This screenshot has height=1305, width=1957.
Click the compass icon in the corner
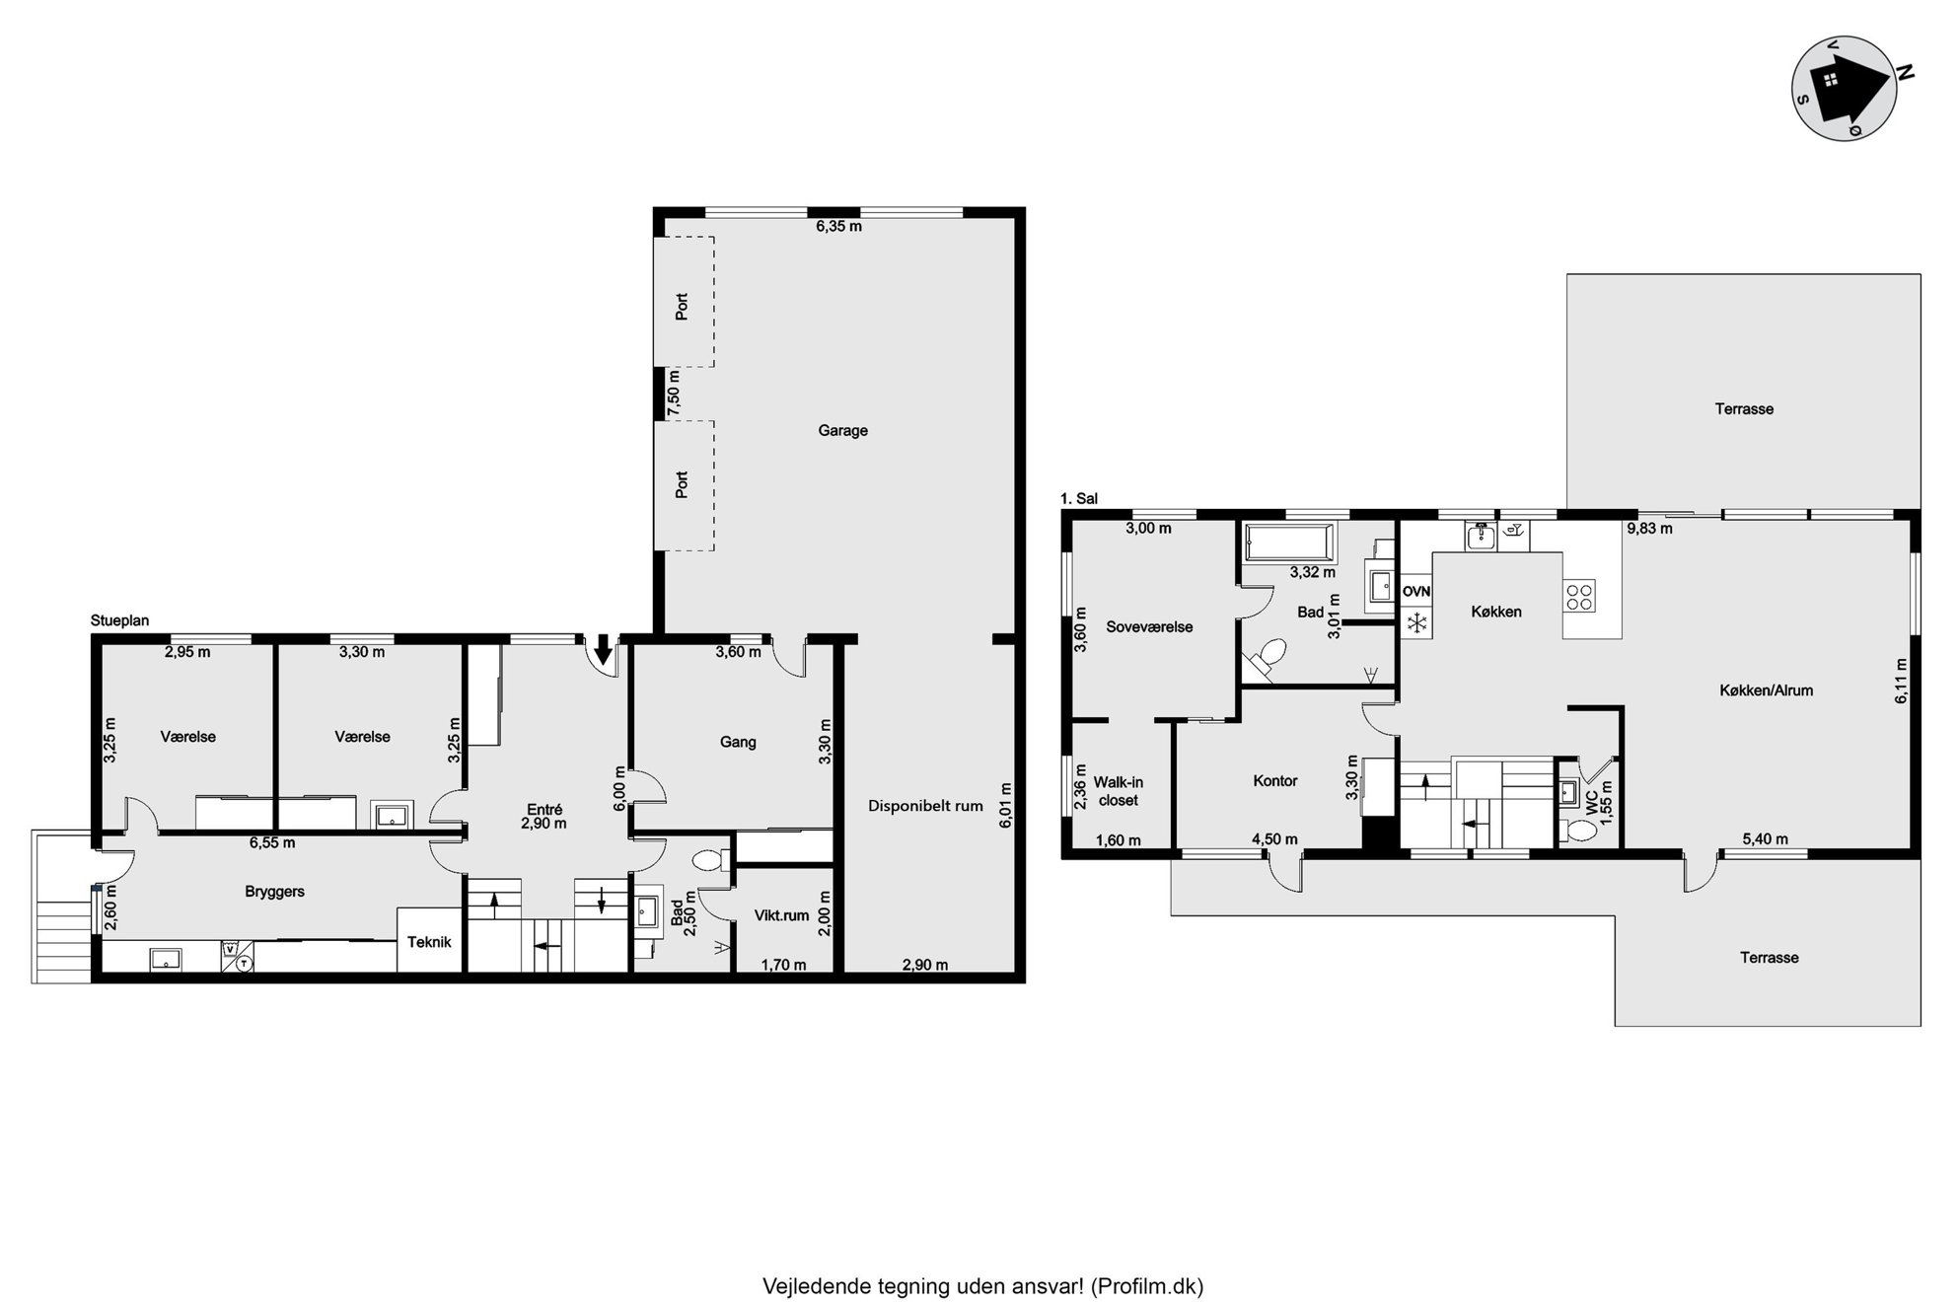[x=1844, y=88]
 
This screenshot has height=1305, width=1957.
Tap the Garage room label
[x=842, y=430]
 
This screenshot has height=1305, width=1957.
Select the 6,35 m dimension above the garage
[x=838, y=226]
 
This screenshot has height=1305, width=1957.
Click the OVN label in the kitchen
[x=1416, y=592]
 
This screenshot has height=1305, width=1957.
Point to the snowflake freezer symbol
[x=1416, y=623]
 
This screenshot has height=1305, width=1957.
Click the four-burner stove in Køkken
[x=1579, y=596]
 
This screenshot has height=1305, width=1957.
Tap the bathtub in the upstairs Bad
[x=1290, y=544]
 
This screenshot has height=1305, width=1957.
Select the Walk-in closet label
[x=1119, y=791]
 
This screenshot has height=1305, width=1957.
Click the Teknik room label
[x=429, y=942]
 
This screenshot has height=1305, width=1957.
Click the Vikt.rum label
[x=781, y=915]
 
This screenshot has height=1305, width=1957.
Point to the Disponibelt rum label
[x=925, y=806]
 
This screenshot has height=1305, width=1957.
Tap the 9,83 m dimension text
[x=1649, y=528]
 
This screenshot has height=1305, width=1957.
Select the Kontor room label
[x=1275, y=780]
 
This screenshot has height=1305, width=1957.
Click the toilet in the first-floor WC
[x=1581, y=831]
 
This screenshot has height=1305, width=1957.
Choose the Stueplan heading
[x=119, y=620]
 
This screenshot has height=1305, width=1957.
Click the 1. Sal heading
[x=1079, y=498]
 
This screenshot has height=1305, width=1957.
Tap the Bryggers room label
[x=274, y=892]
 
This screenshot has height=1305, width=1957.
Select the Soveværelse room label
[x=1149, y=626]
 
